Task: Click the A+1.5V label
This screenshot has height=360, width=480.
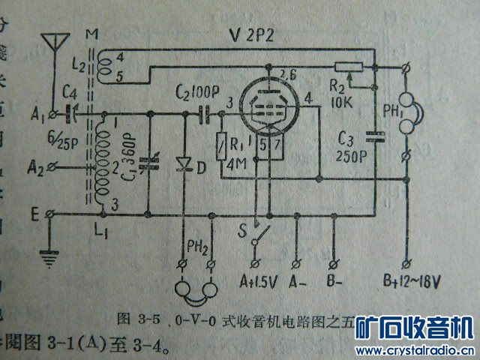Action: pos(256,283)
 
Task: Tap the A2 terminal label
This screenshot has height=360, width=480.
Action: pos(32,164)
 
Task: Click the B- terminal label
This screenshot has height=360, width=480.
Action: pos(338,283)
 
